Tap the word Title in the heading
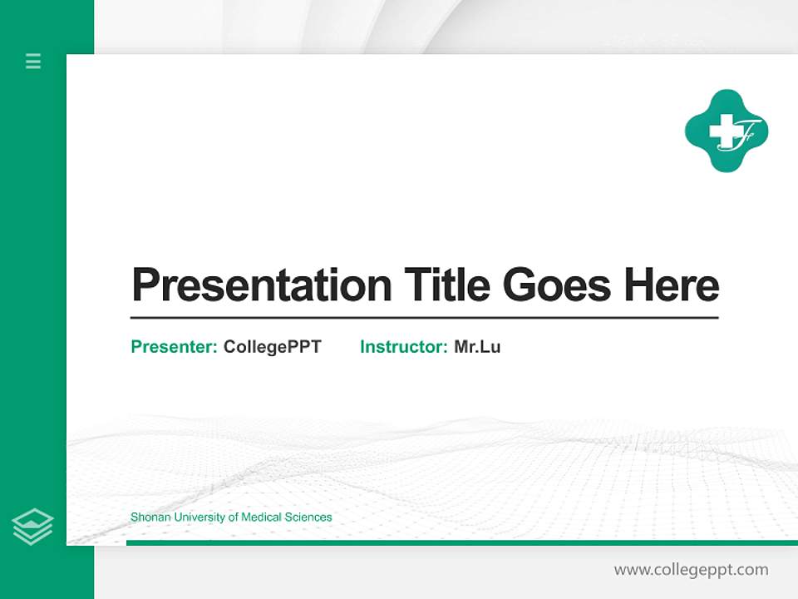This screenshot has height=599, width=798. (446, 286)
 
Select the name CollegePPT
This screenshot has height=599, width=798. (272, 347)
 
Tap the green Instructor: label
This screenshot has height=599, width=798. (404, 347)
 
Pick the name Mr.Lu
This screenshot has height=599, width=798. (477, 347)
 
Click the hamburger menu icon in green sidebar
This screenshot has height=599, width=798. (33, 61)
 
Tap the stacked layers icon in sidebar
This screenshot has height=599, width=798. (32, 527)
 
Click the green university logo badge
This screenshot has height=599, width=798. (727, 131)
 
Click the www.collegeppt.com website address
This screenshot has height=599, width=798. (691, 570)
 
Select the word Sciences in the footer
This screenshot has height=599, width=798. (308, 517)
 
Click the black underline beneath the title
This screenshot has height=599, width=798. (424, 318)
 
